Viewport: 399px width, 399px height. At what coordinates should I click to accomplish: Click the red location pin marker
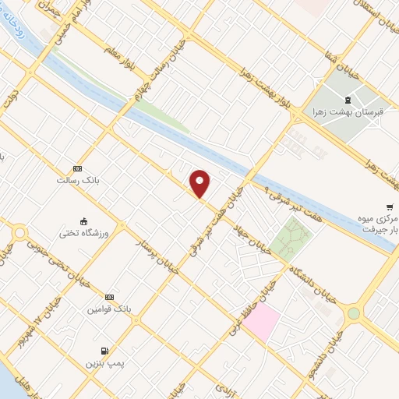[x=200, y=184]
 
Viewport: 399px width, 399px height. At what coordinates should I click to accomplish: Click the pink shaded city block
[x=262, y=323]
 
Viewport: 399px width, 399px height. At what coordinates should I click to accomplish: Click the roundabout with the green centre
[x=354, y=313]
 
